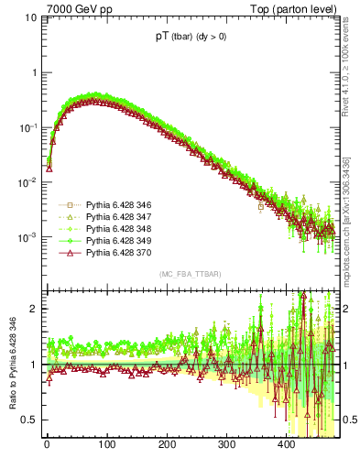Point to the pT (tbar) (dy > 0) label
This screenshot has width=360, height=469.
point(194,38)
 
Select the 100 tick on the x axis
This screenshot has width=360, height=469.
point(106,444)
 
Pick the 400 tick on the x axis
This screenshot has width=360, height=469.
point(286,444)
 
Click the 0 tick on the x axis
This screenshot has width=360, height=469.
point(47,444)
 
